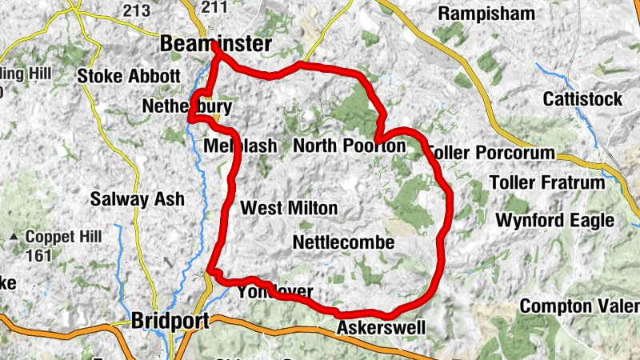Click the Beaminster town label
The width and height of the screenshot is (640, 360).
(216, 44)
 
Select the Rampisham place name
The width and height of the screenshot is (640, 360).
(486, 14)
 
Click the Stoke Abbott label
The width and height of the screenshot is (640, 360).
(129, 76)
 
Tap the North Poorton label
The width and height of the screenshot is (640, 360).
(349, 146)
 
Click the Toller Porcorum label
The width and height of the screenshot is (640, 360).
(490, 152)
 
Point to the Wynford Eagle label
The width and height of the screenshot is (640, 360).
(555, 220)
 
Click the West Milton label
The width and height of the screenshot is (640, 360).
(289, 208)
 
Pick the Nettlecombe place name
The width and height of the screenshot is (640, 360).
(344, 242)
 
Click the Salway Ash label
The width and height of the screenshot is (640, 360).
(137, 199)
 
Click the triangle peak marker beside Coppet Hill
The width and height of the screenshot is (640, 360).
(13, 238)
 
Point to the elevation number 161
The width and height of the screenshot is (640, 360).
(38, 256)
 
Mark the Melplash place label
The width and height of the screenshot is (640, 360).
(240, 146)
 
